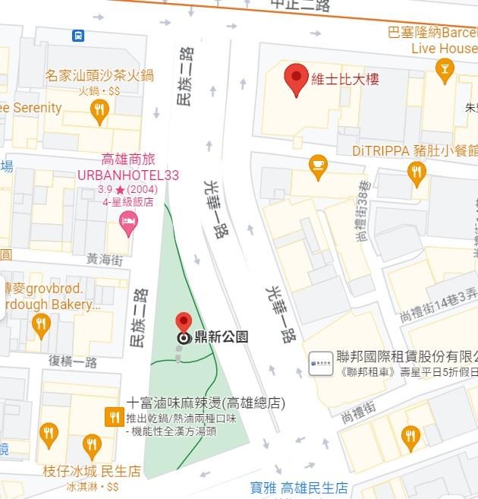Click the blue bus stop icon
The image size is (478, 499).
click(x=77, y=35)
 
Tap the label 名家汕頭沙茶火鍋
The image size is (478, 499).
click(x=99, y=75)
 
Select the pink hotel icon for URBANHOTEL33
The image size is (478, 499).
click(x=129, y=223)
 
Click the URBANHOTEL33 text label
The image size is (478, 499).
click(x=128, y=175)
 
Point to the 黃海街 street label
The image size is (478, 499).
click(x=103, y=259)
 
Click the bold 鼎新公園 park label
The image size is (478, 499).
click(x=222, y=337)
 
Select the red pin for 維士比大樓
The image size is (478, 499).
click(x=296, y=78)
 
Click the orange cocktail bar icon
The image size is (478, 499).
click(x=445, y=71)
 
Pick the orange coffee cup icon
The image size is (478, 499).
click(x=318, y=164)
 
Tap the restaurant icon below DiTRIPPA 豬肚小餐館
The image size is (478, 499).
click(x=417, y=172)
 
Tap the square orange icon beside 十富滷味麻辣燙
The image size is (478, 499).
click(x=114, y=415)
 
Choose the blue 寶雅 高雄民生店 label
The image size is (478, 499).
click(x=299, y=488)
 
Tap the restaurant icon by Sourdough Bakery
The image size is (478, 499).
click(x=41, y=325)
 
